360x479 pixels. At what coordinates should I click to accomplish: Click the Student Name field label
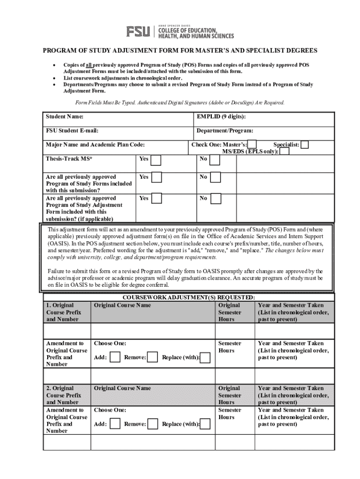point(65,116)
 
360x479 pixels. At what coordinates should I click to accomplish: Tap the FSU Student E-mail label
point(72,131)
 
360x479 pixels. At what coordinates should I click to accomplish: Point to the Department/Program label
point(225,131)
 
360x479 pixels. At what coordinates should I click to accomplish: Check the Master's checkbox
point(252,145)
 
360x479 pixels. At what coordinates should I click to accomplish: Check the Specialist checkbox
point(304,145)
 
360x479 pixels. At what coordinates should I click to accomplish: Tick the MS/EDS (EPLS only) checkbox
point(284,152)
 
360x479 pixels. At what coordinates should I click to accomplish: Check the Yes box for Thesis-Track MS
point(156,160)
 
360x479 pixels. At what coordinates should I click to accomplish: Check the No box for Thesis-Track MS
point(215,160)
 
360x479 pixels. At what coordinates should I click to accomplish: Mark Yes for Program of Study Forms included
point(156,178)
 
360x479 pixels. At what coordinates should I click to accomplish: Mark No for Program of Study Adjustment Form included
point(215,199)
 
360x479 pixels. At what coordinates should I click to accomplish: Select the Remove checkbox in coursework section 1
point(152,358)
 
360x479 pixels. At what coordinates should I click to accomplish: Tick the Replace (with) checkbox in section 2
point(205,424)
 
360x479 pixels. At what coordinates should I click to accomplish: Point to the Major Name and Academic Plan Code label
point(95,145)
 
